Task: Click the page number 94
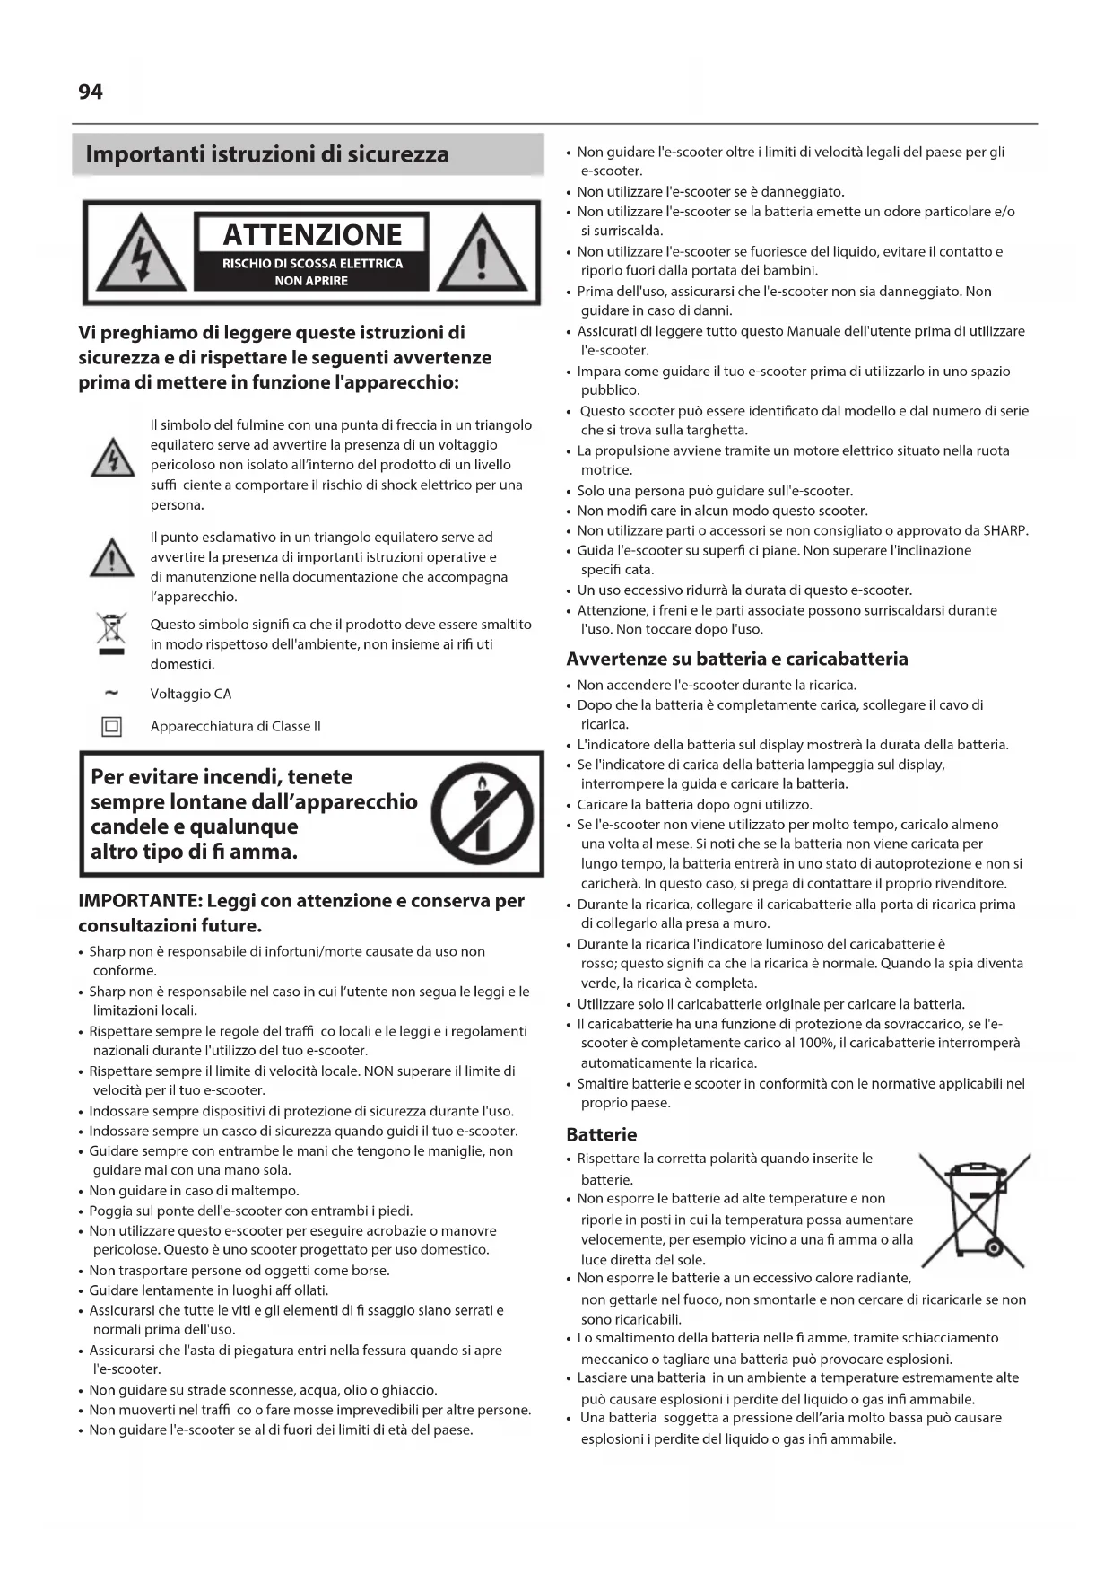[91, 92]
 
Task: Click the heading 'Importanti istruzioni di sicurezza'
[267, 154]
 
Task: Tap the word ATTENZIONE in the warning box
[312, 235]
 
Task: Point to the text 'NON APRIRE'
[311, 281]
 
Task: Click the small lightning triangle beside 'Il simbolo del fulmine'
[113, 458]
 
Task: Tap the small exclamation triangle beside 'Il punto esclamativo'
[113, 558]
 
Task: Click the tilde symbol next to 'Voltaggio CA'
[112, 693]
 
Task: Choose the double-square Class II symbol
[112, 726]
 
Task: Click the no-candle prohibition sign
[483, 815]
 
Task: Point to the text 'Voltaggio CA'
[191, 694]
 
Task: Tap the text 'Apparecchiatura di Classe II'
[236, 726]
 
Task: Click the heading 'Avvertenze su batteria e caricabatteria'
[737, 660]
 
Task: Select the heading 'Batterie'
[602, 1134]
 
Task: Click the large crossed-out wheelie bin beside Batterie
[975, 1209]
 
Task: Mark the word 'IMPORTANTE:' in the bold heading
[139, 901]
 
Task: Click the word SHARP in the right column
[1004, 530]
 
